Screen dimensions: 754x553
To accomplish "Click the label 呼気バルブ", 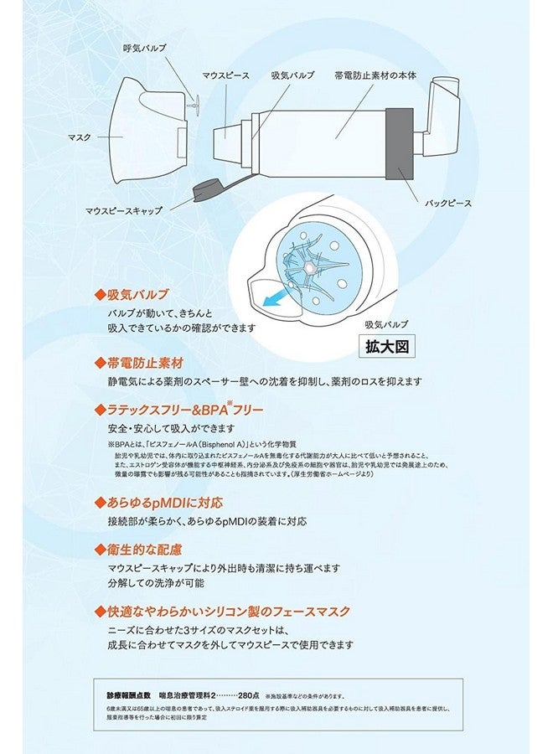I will (144, 49).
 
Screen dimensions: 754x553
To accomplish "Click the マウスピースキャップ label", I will (128, 211).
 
